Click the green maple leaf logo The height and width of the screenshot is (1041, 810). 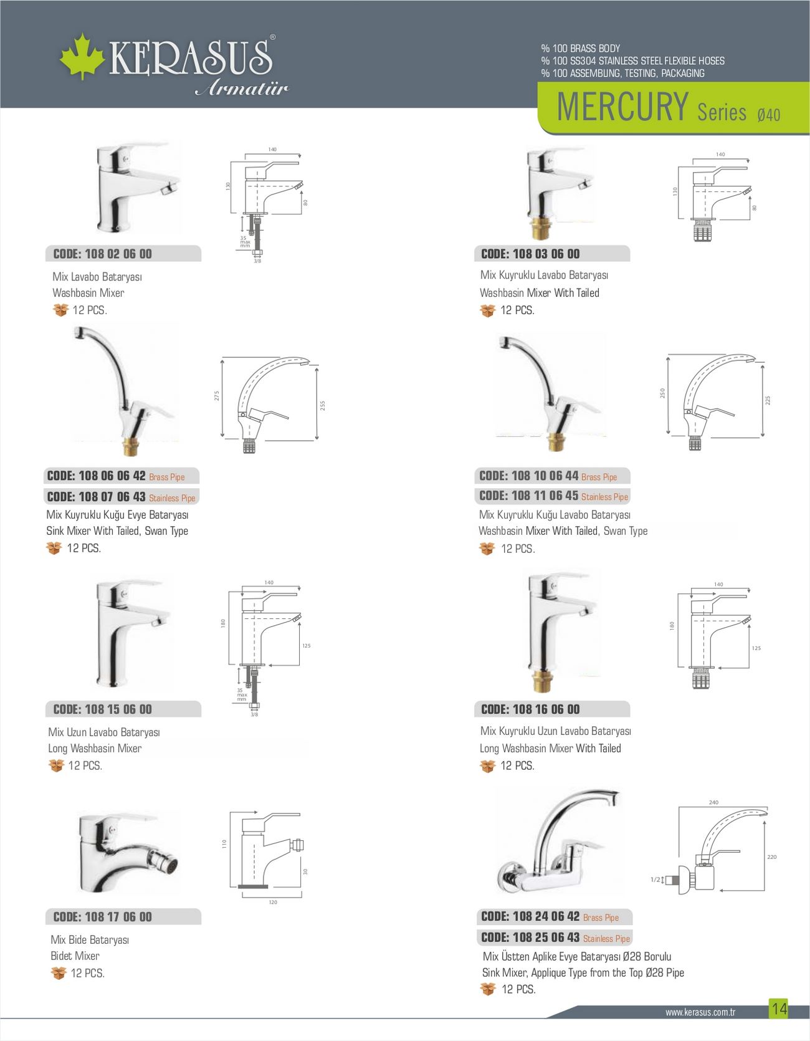pyautogui.click(x=82, y=57)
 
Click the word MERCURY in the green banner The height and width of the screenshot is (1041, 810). pyautogui.click(x=622, y=107)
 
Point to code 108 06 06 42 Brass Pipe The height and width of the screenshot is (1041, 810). pyautogui.click(x=116, y=476)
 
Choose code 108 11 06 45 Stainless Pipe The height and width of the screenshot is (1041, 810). pyautogui.click(x=554, y=496)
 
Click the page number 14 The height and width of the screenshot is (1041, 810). pyautogui.click(x=779, y=1009)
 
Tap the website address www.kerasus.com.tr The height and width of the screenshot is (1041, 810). pyautogui.click(x=700, y=1012)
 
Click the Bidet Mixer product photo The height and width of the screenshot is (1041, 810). pyautogui.click(x=128, y=853)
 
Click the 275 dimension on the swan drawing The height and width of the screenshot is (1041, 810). pyautogui.click(x=217, y=396)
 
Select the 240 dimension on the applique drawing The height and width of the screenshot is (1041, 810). pyautogui.click(x=713, y=802)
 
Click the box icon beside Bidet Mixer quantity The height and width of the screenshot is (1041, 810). pyautogui.click(x=59, y=973)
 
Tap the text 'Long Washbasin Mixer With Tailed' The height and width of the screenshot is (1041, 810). pyautogui.click(x=550, y=748)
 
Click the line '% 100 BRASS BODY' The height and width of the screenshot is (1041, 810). pyautogui.click(x=581, y=49)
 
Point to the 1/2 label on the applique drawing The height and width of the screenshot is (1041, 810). pyautogui.click(x=655, y=880)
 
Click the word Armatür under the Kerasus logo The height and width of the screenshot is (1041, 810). pyautogui.click(x=242, y=89)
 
